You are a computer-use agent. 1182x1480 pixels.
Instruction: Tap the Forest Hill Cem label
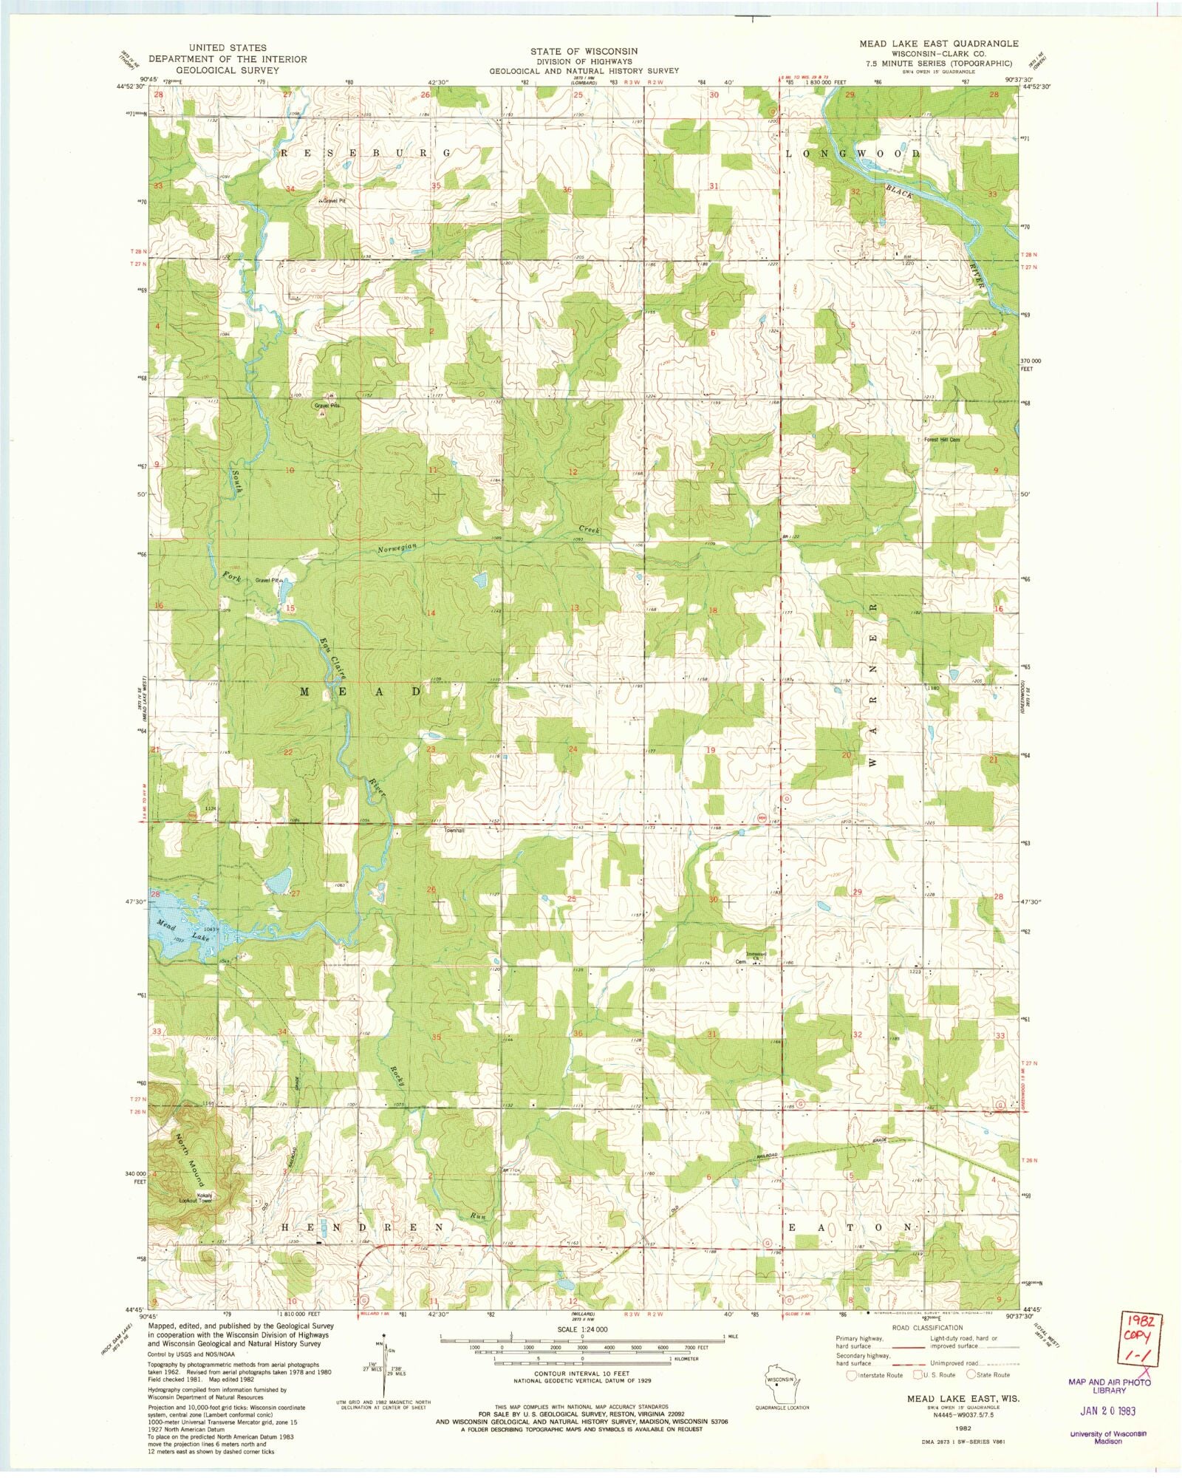tap(942, 440)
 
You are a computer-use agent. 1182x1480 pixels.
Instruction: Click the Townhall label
tap(454, 831)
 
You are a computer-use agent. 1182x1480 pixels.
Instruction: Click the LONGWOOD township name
tap(852, 154)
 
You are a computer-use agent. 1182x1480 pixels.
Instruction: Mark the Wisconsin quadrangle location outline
tap(781, 1381)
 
